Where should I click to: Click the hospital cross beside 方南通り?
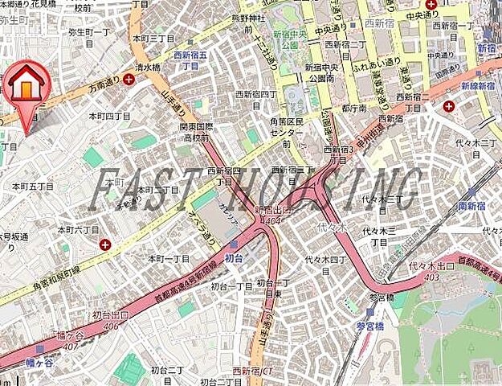[x=129, y=79]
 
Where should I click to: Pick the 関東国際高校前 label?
[x=197, y=133]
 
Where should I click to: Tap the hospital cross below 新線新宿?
[x=449, y=105]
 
